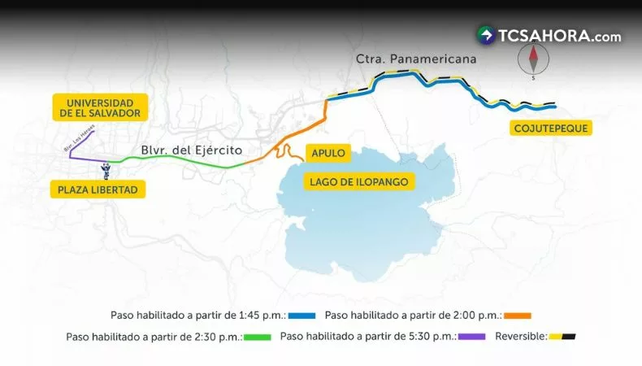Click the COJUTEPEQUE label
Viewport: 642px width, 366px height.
[550, 128]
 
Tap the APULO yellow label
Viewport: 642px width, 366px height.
[328, 152]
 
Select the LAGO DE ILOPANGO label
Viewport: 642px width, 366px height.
[358, 181]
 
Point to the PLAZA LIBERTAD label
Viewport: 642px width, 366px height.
[98, 190]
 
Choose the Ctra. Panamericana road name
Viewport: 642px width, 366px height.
[416, 59]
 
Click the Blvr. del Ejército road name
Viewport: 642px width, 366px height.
[192, 150]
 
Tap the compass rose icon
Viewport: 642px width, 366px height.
[534, 59]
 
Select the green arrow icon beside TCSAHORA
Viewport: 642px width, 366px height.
[486, 35]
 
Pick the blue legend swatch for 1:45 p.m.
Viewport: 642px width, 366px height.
[301, 315]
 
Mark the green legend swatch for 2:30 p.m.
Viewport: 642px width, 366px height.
[257, 336]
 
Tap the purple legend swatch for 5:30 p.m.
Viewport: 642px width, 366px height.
[471, 336]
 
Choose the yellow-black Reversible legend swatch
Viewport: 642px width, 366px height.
[562, 336]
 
